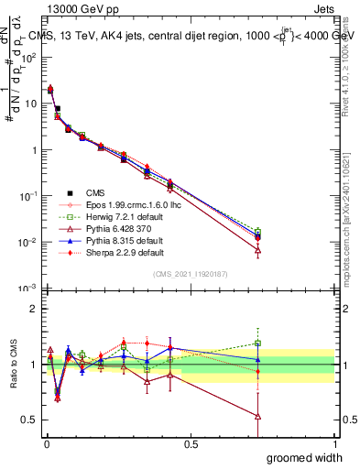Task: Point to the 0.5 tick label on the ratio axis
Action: coord(29,420)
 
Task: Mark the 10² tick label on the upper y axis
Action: coord(28,57)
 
